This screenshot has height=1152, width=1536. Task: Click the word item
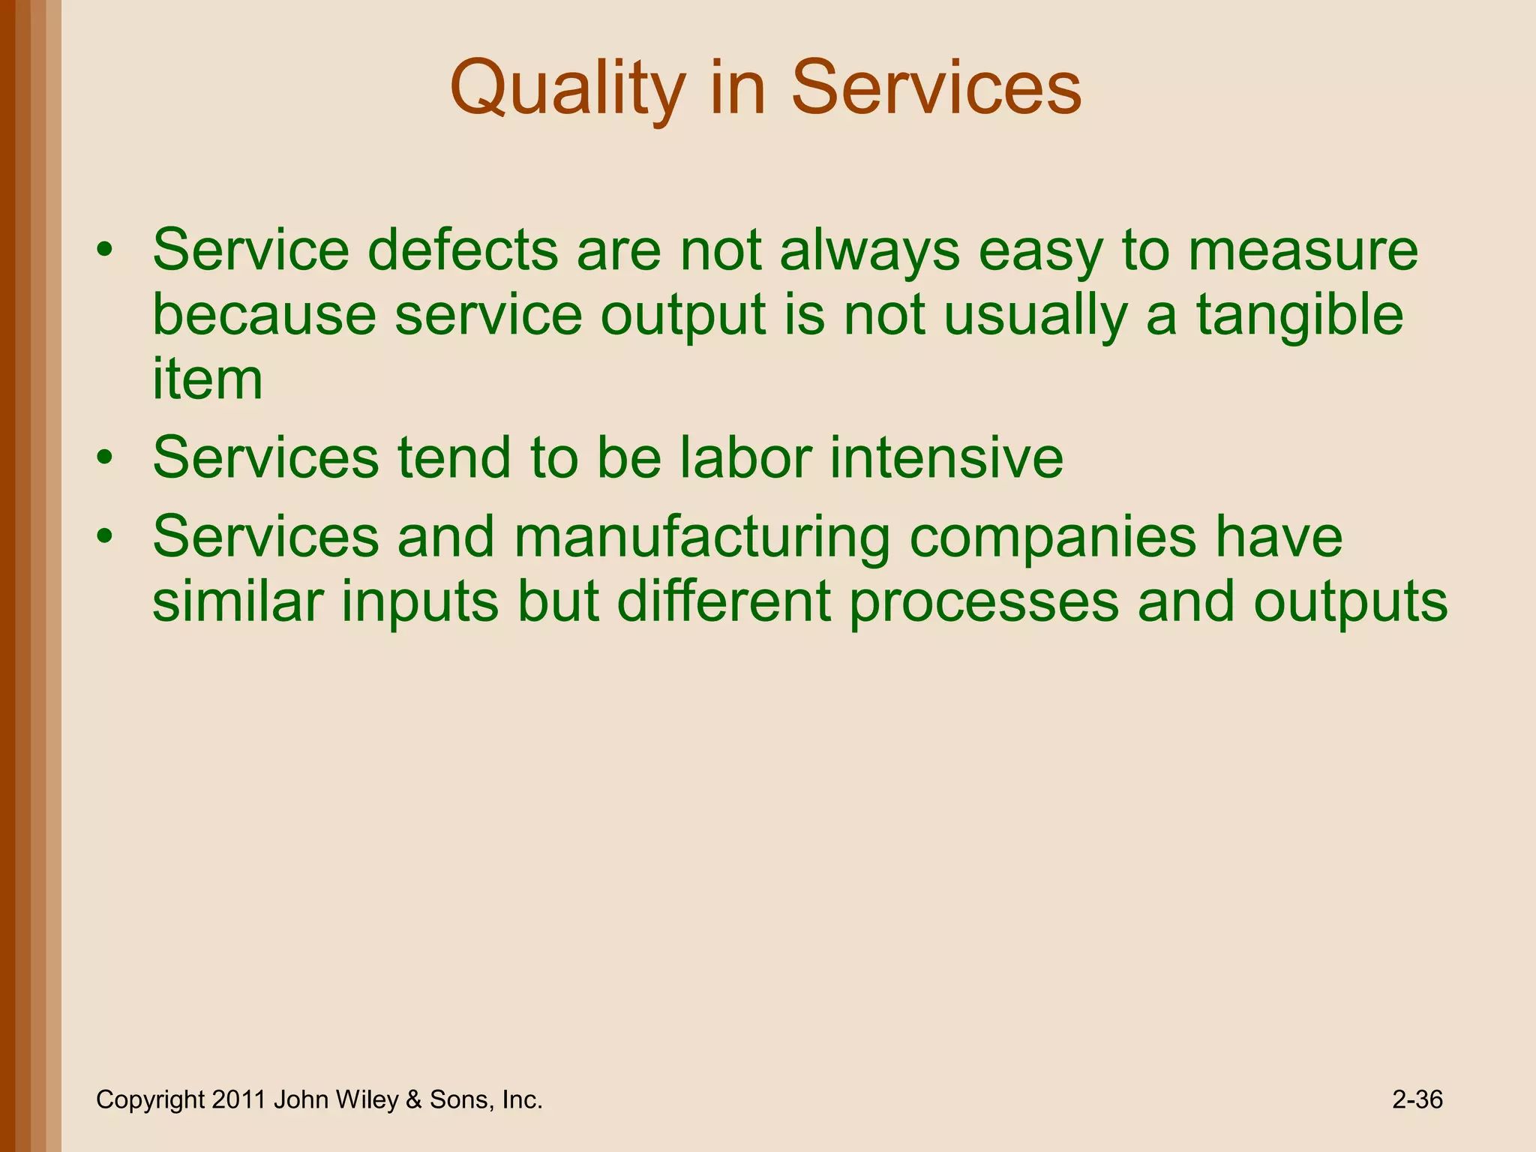[x=207, y=379]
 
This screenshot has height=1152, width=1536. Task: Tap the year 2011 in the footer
[x=238, y=1099]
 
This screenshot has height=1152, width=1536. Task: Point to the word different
[x=724, y=602]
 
